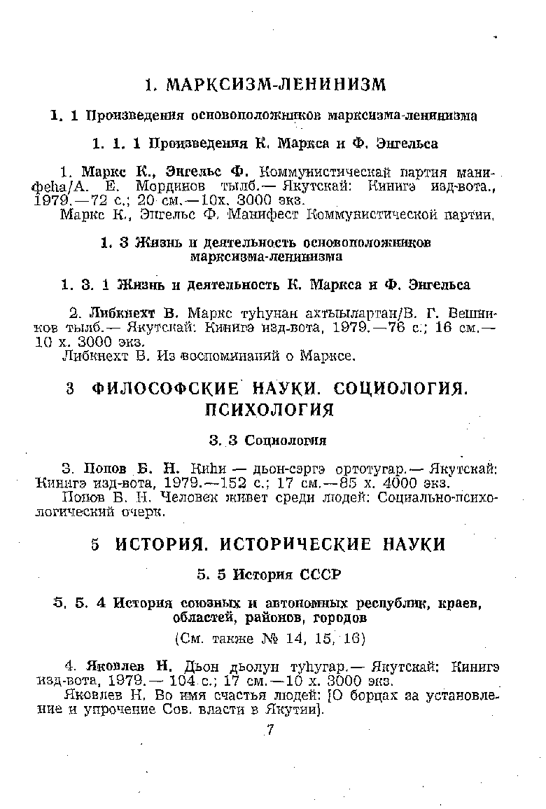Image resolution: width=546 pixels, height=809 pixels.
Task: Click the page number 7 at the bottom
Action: [x=269, y=731]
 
